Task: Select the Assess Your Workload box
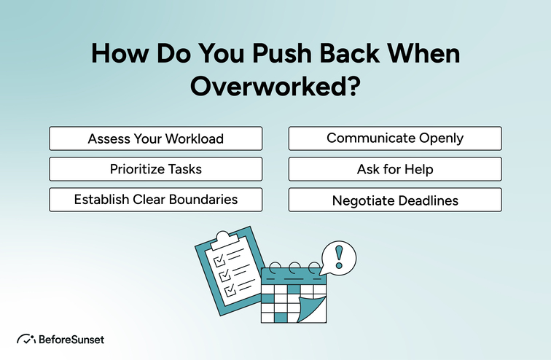click(155, 138)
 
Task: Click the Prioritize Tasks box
click(155, 169)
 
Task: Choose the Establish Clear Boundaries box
click(155, 200)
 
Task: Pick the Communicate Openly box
click(395, 138)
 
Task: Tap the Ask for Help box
click(395, 169)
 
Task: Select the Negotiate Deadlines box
click(395, 200)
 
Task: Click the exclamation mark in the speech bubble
click(337, 257)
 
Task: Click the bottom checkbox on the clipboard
click(230, 289)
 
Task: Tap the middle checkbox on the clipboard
click(222, 274)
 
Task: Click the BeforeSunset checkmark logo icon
click(26, 339)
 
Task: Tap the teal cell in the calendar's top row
click(293, 289)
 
